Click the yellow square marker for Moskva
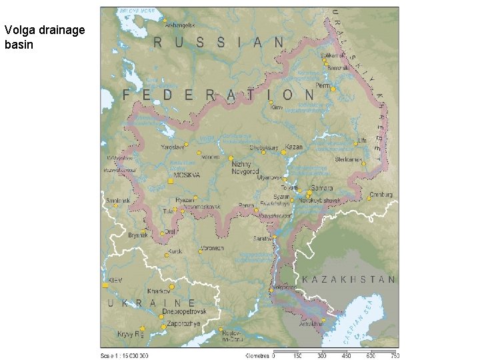click(171, 181)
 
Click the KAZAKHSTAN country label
click(349, 279)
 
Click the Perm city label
click(323, 87)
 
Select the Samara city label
click(321, 189)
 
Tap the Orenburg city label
click(381, 195)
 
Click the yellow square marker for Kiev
click(105, 285)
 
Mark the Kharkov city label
click(159, 291)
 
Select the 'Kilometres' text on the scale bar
click(257, 355)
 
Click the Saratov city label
click(261, 238)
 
